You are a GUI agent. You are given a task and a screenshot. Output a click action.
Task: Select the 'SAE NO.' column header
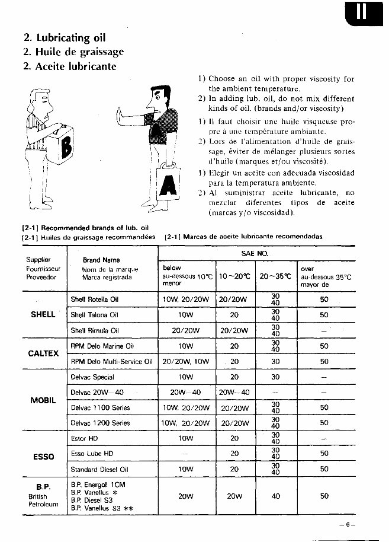[x=255, y=253]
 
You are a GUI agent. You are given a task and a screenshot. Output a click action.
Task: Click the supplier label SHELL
[x=43, y=315]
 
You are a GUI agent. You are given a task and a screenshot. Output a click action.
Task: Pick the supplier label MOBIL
[x=43, y=400]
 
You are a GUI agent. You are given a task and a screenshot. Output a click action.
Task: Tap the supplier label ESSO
[x=43, y=457]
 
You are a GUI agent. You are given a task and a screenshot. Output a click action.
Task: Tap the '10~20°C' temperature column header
[x=234, y=276]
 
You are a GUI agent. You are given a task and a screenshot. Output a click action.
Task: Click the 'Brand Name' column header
[x=101, y=260]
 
